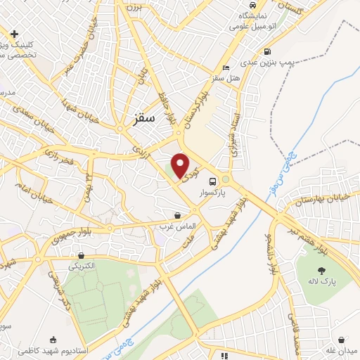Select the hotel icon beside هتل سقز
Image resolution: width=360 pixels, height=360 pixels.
(x=225, y=68)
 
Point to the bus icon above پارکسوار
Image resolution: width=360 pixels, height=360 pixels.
(x=213, y=178)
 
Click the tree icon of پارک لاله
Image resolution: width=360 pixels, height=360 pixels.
(x=321, y=270)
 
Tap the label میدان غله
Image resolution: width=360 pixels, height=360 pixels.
(x=342, y=351)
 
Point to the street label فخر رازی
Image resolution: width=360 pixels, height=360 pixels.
(x=60, y=155)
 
